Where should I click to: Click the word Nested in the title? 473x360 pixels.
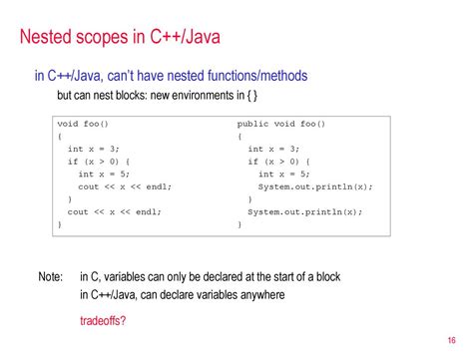click(46, 36)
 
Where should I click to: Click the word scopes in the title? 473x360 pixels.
click(102, 37)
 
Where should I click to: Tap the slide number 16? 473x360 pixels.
click(451, 340)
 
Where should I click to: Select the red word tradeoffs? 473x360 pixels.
click(103, 320)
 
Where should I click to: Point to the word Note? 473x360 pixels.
click(50, 276)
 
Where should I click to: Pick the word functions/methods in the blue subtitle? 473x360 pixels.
click(257, 76)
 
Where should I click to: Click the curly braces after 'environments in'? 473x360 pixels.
click(251, 96)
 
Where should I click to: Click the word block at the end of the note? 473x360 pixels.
click(328, 276)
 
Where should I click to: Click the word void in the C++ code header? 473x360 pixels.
click(68, 124)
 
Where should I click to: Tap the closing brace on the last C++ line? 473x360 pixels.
click(60, 224)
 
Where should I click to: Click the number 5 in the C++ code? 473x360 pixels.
click(123, 174)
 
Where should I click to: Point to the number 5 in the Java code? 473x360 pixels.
click(303, 174)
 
